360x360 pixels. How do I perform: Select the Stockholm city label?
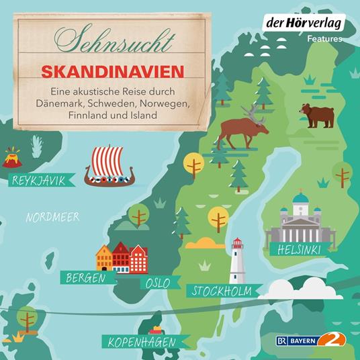pyautogui.click(x=221, y=291)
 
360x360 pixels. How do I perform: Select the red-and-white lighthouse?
pyautogui.click(x=237, y=261)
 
